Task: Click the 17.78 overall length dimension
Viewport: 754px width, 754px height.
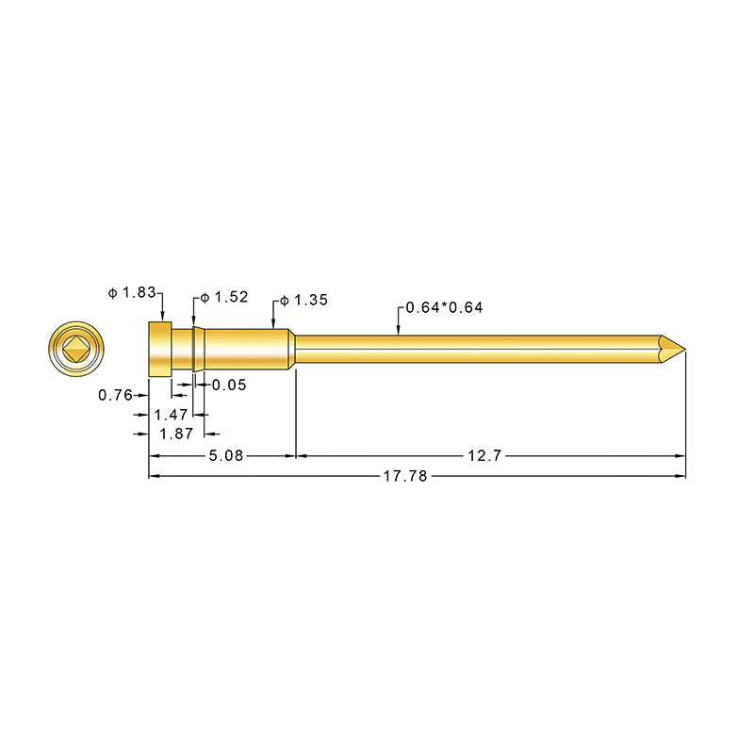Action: (x=405, y=477)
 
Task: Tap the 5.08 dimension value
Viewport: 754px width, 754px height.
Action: (x=226, y=455)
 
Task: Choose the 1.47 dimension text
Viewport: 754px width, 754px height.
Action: (x=170, y=415)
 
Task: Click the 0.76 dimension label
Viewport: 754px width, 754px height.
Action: (x=115, y=395)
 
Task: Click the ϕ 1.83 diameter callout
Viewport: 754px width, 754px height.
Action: (x=132, y=293)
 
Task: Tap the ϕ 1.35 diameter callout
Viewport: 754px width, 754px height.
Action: (x=304, y=301)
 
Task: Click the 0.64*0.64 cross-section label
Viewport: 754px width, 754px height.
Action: (x=444, y=308)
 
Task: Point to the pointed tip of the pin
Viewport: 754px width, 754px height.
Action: (x=680, y=349)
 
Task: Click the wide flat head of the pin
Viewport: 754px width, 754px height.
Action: (x=159, y=349)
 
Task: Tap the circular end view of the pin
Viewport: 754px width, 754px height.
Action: (x=75, y=350)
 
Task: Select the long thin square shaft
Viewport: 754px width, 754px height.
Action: (x=471, y=349)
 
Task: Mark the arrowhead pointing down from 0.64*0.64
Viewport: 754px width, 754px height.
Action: (x=400, y=330)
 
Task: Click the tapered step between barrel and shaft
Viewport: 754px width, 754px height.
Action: (x=291, y=349)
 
